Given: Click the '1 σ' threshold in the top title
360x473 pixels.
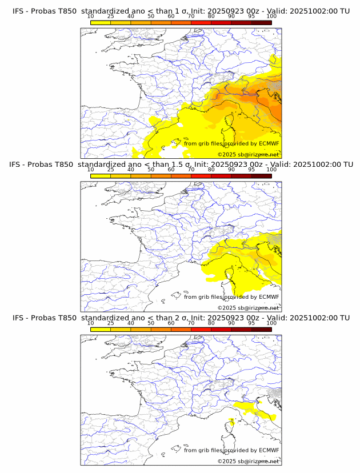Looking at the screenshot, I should (177, 11).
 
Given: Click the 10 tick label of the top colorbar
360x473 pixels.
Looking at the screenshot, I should (91, 17).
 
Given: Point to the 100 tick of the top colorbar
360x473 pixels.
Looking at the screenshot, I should (271, 17).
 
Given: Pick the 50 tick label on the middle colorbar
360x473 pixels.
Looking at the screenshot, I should (151, 170).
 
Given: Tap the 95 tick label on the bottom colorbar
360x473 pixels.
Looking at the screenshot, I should (251, 323).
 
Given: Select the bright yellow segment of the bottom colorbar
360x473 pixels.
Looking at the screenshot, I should (101, 329).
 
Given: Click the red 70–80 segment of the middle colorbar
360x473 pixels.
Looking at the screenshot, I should (201, 176).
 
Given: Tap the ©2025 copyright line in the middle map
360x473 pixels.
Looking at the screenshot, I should (248, 308).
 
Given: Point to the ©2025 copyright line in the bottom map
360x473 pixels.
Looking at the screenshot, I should (248, 461).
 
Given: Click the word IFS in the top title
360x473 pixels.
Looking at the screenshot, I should (18, 11).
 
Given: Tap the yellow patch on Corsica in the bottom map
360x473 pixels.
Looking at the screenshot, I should (232, 423).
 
